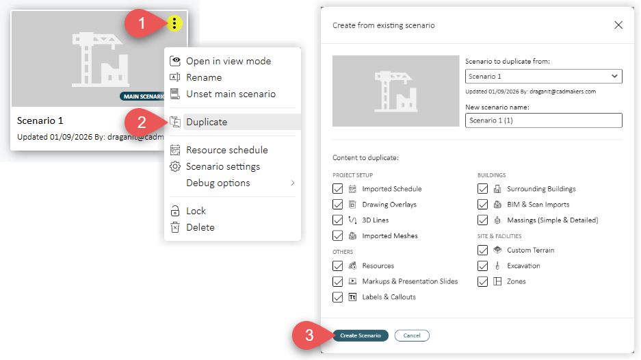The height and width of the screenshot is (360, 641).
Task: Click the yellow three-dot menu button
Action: point(174,23)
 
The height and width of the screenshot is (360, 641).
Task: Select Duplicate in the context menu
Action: point(207,122)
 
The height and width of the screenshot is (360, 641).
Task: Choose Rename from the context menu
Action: point(204,77)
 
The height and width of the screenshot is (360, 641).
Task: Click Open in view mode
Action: point(228,61)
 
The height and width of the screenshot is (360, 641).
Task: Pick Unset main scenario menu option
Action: point(231,94)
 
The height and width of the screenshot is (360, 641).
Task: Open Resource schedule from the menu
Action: point(227,150)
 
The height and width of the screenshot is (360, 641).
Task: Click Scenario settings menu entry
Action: point(223,166)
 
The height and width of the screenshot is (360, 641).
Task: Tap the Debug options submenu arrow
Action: point(293,183)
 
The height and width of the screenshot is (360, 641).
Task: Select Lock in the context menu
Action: point(196,211)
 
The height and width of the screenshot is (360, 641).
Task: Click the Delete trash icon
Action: point(175,227)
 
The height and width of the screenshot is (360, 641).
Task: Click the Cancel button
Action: point(412,335)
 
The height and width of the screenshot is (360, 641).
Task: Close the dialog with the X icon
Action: point(618,25)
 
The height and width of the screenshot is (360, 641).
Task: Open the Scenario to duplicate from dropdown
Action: point(543,77)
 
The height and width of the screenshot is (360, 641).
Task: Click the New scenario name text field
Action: point(543,120)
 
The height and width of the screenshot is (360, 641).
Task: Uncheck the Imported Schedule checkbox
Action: point(338,189)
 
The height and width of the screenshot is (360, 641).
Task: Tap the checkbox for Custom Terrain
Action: point(482,250)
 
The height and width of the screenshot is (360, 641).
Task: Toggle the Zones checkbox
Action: point(482,281)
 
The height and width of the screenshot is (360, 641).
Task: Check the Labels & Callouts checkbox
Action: point(338,297)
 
